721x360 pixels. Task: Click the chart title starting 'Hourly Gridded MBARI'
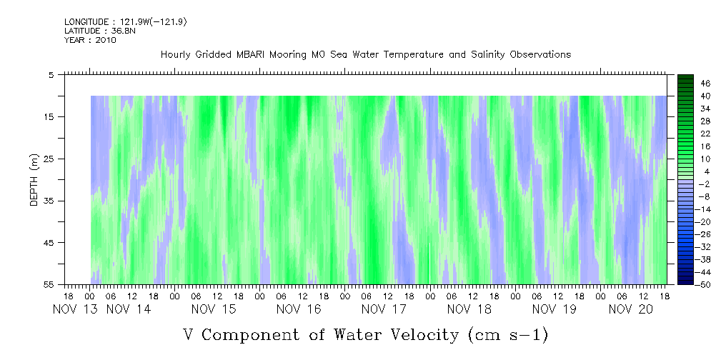(x=365, y=55)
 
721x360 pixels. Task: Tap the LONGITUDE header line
(x=125, y=22)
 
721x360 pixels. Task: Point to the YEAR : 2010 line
(x=89, y=40)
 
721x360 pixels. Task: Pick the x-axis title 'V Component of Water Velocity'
(x=364, y=334)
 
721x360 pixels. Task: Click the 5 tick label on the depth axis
(x=51, y=74)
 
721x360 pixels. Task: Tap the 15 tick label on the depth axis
(x=49, y=116)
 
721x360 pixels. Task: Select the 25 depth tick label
(x=49, y=159)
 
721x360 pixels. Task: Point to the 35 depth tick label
(x=49, y=201)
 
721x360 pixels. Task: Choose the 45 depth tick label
(x=49, y=243)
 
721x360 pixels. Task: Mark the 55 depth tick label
(x=49, y=285)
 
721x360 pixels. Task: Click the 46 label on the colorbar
(x=685, y=84)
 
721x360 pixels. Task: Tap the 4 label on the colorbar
(x=687, y=172)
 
